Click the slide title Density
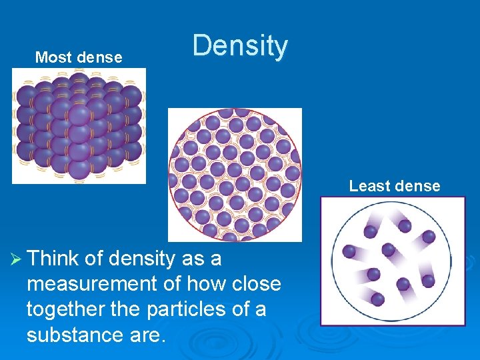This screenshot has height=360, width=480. click(x=240, y=47)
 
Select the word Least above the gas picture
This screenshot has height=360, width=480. click(x=366, y=186)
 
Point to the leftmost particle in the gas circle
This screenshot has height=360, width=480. click(x=349, y=251)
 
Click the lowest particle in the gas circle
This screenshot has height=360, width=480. click(x=377, y=299)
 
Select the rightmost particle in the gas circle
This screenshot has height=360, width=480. click(x=429, y=237)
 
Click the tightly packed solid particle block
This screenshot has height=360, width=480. click(x=78, y=125)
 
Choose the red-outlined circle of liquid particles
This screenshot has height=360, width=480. click(x=235, y=174)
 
